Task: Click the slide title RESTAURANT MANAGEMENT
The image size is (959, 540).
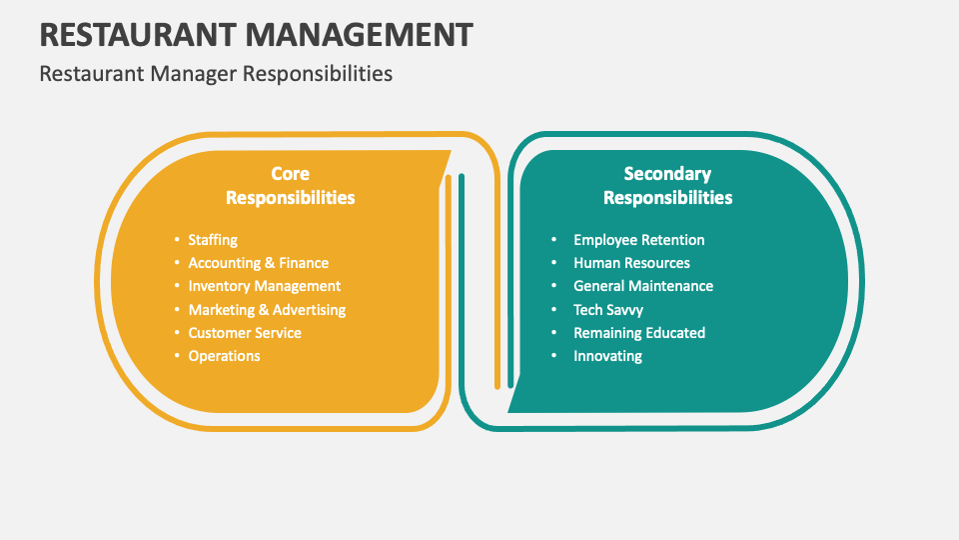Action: tap(256, 34)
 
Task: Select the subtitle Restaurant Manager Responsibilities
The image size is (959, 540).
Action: tap(216, 74)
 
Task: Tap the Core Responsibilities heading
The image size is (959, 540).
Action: tap(290, 185)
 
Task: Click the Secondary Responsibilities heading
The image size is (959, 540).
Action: tap(667, 185)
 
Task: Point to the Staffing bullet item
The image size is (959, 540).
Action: tap(213, 240)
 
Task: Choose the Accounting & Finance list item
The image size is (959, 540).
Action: tap(258, 263)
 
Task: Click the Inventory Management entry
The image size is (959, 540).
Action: tap(264, 286)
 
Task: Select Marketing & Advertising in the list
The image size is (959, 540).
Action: tap(267, 310)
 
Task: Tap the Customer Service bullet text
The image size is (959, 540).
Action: tap(245, 333)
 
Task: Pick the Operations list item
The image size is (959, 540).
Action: tap(224, 356)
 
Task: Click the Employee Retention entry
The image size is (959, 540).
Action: tap(638, 240)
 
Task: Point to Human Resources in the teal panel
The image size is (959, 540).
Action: tap(631, 263)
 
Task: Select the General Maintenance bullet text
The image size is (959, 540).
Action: tap(643, 286)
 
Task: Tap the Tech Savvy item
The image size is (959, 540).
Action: tap(608, 310)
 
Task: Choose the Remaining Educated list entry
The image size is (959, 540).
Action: tap(639, 333)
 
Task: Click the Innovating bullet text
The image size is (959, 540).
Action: tap(607, 356)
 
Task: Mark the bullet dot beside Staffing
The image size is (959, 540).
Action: tap(176, 240)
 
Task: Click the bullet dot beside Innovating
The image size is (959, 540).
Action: tap(554, 356)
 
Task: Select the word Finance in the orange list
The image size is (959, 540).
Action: tap(304, 263)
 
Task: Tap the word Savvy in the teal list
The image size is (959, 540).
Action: tap(624, 310)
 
